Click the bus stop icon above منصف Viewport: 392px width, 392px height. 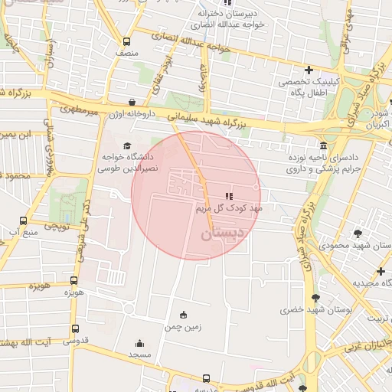pyautogui.click(x=126, y=42)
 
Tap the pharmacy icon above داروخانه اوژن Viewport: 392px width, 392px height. pyautogui.click(x=132, y=101)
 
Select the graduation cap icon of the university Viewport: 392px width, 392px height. pyautogui.click(x=126, y=145)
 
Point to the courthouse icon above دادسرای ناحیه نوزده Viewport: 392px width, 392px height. pyautogui.click(x=324, y=145)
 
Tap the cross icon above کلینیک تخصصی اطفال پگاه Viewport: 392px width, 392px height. pyautogui.click(x=309, y=70)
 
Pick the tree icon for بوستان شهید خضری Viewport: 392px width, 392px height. pyautogui.click(x=315, y=299)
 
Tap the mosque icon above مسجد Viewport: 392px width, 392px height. pyautogui.click(x=139, y=343)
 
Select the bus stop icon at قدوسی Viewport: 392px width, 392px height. pyautogui.click(x=74, y=328)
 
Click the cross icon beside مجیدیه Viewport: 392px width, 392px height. pyautogui.click(x=381, y=271)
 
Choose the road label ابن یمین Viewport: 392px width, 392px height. pyautogui.click(x=19, y=135)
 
